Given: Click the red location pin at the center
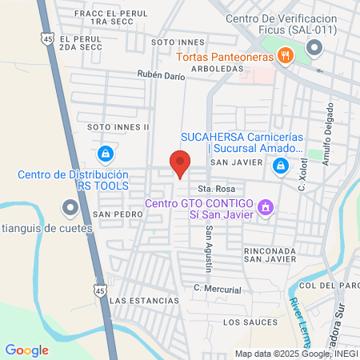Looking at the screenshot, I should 181,162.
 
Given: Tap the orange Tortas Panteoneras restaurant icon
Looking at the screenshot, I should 283,55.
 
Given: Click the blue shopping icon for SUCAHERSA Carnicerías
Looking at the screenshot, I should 281,166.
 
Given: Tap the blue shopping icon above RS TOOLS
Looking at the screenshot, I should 104,153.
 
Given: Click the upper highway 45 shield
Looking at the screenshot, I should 50,37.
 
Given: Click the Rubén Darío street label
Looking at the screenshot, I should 161,76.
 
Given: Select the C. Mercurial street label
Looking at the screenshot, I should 217,289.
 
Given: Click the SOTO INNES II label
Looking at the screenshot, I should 118,126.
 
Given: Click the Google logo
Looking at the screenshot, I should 27,350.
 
